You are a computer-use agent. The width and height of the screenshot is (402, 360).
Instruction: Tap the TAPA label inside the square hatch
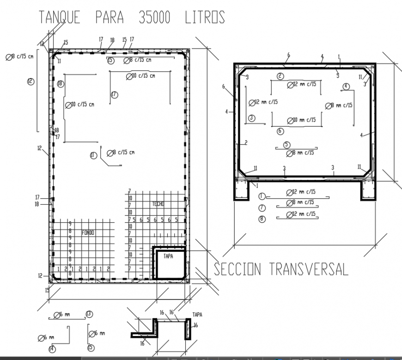point(169,256)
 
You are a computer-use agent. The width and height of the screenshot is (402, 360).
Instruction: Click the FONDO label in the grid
point(87,232)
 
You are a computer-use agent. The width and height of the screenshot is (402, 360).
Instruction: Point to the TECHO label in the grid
point(158,204)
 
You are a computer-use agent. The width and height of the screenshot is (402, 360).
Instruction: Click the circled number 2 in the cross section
point(280,76)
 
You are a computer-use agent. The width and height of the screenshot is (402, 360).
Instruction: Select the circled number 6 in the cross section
point(280,131)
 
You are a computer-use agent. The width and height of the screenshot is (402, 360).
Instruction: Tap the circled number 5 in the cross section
point(287,145)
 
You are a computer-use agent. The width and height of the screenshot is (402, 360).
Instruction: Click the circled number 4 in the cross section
point(346,86)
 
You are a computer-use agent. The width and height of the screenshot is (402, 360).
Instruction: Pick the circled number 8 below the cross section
point(262,219)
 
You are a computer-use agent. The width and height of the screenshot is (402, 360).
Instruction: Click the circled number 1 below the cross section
point(262,196)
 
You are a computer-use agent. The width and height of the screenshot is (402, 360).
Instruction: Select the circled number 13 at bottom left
point(89,314)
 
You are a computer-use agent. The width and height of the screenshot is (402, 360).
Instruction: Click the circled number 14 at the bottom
point(52,349)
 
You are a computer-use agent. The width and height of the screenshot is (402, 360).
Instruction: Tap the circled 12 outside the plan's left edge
point(30,81)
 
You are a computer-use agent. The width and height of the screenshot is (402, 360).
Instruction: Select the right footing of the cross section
point(368,190)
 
